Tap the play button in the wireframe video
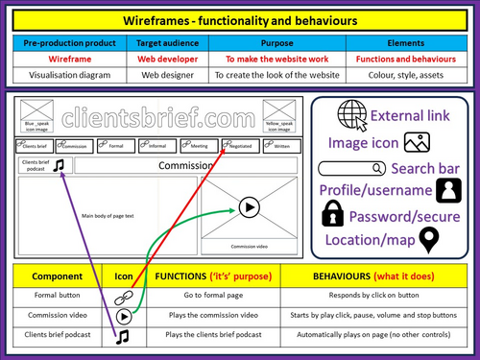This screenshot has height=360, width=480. tap(249, 206)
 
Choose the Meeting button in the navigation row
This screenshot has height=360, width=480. tap(198, 145)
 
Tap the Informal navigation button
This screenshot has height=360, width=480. tap(158, 145)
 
